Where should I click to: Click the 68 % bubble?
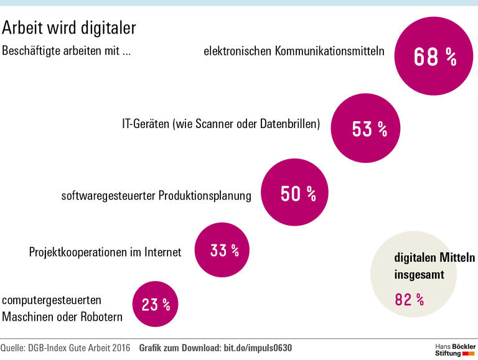pyautogui.click(x=435, y=57)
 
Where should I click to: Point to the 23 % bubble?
pyautogui.click(x=156, y=305)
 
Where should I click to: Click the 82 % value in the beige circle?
pyautogui.click(x=410, y=300)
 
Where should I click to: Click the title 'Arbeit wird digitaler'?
pyautogui.click(x=69, y=28)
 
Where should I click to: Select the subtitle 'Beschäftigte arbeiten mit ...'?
pyautogui.click(x=67, y=52)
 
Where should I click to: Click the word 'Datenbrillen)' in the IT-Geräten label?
pyautogui.click(x=289, y=124)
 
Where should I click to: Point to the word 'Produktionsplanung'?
pyautogui.click(x=205, y=196)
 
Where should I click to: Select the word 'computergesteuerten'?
pyautogui.click(x=52, y=300)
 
